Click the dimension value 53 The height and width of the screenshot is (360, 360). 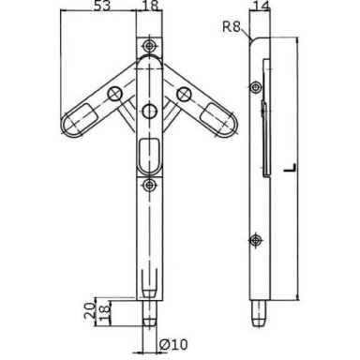coord(102,6)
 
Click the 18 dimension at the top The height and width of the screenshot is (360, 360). coord(150,6)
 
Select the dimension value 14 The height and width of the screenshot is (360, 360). coord(261,6)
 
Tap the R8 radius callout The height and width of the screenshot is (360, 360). coord(232,27)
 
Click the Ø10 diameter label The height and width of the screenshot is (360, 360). coord(173,344)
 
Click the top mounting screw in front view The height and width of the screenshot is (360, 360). coord(150,46)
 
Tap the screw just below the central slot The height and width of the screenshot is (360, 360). coord(150,185)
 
